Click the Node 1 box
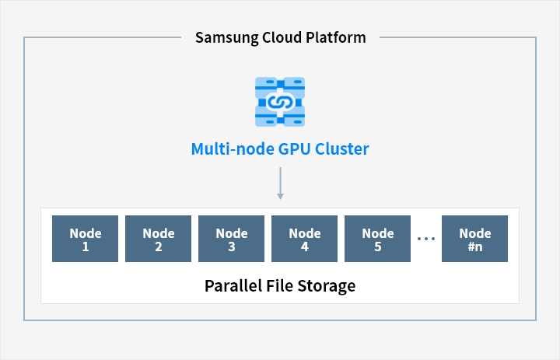pos(85,239)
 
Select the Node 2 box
pos(158,239)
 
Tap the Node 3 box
pos(232,239)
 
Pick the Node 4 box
pos(304,239)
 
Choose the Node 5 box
pos(377,239)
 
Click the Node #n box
pos(474,239)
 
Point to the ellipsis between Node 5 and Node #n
pos(426,239)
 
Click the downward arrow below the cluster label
pos(280,183)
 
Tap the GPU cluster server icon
pos(280,102)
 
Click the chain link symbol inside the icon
pos(280,103)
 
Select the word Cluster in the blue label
pos(341,149)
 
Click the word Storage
pos(327,286)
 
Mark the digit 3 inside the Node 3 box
pos(232,246)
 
